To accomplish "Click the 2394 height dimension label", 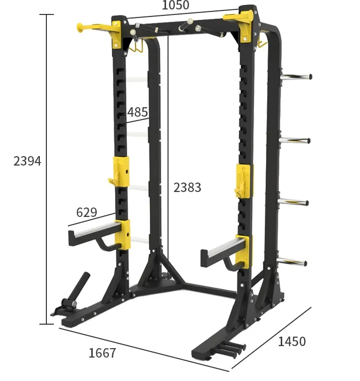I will pyautogui.click(x=27, y=161).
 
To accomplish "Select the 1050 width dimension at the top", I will pyautogui.click(x=176, y=5).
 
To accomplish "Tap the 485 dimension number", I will pyautogui.click(x=137, y=112).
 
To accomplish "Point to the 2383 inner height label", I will pyautogui.click(x=187, y=188).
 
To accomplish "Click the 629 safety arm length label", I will pyautogui.click(x=86, y=212).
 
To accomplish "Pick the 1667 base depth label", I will pyautogui.click(x=102, y=353).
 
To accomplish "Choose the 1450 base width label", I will pyautogui.click(x=292, y=342).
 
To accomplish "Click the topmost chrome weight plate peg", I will pyautogui.click(x=296, y=77).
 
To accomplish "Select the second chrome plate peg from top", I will pyautogui.click(x=295, y=140).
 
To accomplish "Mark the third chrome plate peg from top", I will pyautogui.click(x=294, y=202).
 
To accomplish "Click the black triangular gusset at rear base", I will pyautogui.click(x=159, y=267).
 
